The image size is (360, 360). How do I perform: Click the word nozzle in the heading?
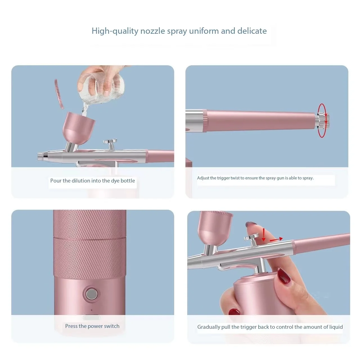point(152,31)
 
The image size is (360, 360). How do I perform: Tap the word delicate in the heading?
point(252,31)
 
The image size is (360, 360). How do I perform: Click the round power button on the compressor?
point(91,294)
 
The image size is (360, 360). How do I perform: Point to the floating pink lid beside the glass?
point(59,94)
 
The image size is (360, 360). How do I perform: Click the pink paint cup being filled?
point(78,128)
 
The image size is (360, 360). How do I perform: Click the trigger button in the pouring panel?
point(110,143)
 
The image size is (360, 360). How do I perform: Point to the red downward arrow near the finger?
point(264,235)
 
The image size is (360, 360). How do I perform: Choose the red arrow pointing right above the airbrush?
point(276,239)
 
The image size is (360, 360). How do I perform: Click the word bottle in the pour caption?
point(128,181)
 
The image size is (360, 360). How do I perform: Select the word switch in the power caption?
point(112,326)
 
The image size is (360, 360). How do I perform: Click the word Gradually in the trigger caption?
point(208,327)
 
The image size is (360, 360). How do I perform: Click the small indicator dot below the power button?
point(91,310)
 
